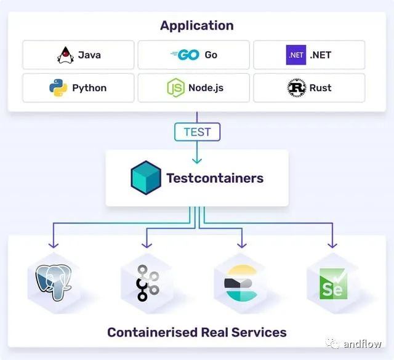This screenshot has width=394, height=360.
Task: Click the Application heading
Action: [x=196, y=26]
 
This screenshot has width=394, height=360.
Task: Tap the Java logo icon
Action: [x=65, y=55]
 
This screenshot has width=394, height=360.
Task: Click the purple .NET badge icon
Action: [x=296, y=55]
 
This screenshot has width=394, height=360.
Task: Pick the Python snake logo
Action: [x=58, y=88]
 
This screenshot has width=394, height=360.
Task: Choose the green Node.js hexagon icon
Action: [x=175, y=88]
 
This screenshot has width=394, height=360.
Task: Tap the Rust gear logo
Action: [x=297, y=88]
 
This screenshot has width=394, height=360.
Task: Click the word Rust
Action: [x=320, y=88]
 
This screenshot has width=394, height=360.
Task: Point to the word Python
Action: [x=89, y=88]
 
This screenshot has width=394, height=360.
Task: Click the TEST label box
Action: [x=197, y=132]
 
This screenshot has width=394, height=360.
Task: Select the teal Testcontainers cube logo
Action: [x=146, y=178]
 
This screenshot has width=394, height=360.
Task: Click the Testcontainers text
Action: [x=215, y=178]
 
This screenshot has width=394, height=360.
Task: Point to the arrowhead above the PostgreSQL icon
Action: [x=54, y=244]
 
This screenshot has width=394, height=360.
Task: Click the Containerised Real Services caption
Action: [x=196, y=332]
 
